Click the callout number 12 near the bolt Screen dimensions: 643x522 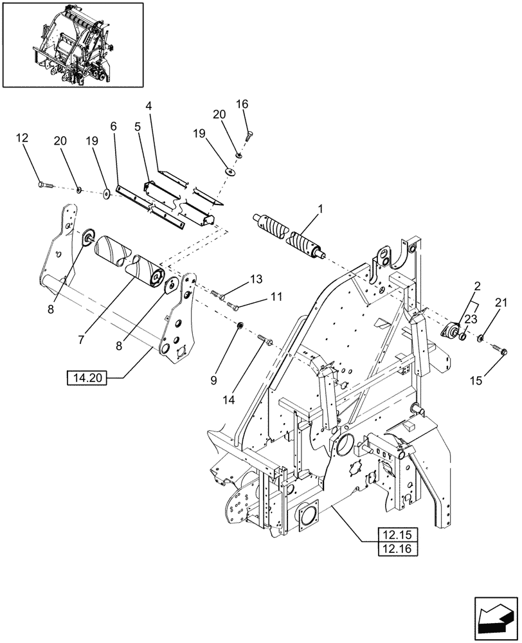coord(22,138)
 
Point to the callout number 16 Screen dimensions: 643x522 coord(242,104)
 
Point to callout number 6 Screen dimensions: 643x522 coord(113,127)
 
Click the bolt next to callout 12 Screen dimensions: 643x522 coord(47,185)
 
